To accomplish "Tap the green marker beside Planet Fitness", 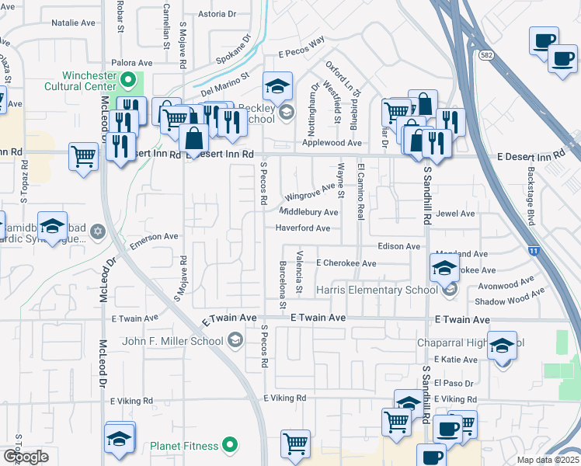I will tap(229, 445).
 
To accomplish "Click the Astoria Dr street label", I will tap(217, 14).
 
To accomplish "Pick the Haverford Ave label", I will tap(303, 228).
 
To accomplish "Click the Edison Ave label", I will tap(398, 246).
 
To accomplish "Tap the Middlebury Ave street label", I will tap(308, 212).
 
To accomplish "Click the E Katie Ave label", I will tap(456, 359).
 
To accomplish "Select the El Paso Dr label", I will tap(448, 383).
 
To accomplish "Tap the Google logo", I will tap(26, 457).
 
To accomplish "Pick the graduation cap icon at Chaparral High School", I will tap(503, 345).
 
